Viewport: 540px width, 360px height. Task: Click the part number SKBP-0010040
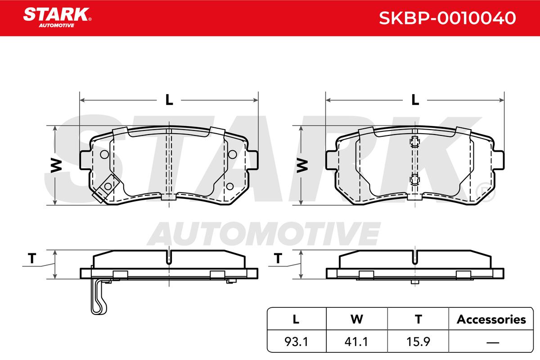[x=447, y=18]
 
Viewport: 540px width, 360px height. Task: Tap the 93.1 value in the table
[x=296, y=342]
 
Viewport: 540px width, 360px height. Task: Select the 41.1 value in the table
[x=356, y=342]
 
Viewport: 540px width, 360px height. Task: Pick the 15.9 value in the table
[x=418, y=342]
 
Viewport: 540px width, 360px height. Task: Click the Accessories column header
[x=491, y=319]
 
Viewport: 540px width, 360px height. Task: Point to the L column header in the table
[x=296, y=319]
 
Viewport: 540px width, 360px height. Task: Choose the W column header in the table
[x=357, y=319]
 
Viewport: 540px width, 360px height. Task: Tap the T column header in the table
[x=418, y=319]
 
